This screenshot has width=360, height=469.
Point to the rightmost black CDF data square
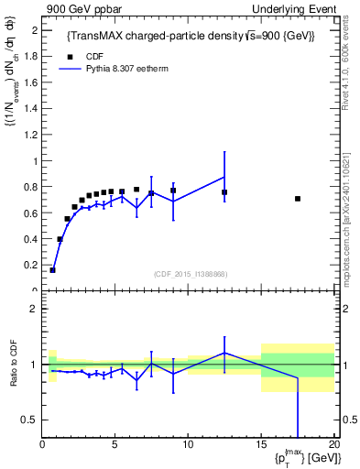click(298, 199)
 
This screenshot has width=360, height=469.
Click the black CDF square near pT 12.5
click(224, 192)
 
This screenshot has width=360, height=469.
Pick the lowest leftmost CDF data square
click(53, 270)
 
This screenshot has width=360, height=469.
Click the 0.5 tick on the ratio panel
click(29, 420)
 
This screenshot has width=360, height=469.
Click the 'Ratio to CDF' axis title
click(14, 365)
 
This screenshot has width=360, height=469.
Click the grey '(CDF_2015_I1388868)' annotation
click(189, 273)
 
